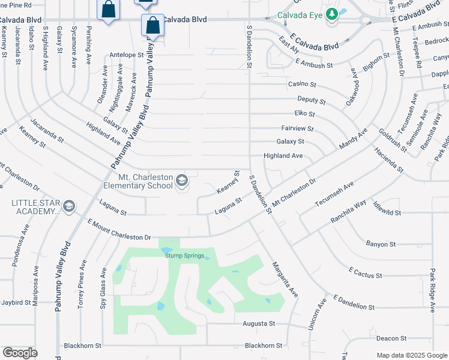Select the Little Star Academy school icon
click(x=68, y=206)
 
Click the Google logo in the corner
click(x=20, y=353)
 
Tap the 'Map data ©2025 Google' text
click(x=412, y=355)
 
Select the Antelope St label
click(x=127, y=55)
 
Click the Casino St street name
click(x=302, y=85)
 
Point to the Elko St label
click(x=304, y=113)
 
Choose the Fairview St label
click(x=297, y=128)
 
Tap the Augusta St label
click(x=258, y=323)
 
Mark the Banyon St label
click(x=381, y=244)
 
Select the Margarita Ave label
click(x=284, y=280)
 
